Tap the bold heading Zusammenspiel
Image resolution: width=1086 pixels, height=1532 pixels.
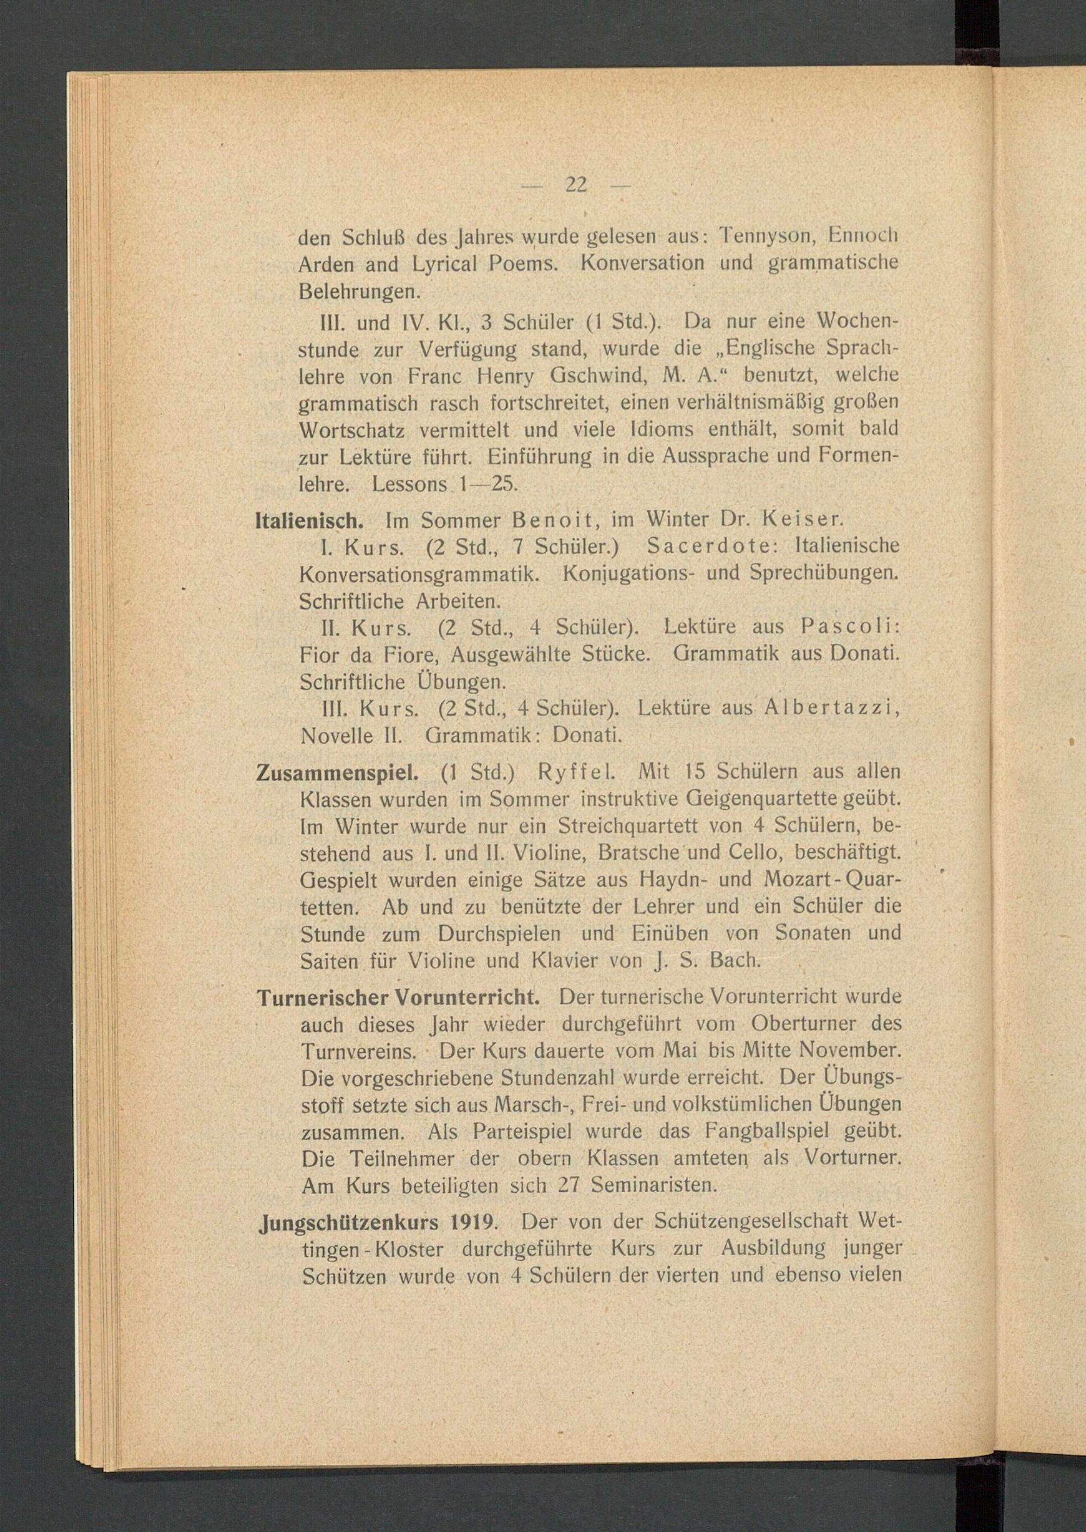pyautogui.click(x=338, y=773)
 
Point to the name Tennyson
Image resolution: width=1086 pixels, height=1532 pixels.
pyautogui.click(x=765, y=236)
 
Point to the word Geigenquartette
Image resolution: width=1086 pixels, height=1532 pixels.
pyautogui.click(x=728, y=799)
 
